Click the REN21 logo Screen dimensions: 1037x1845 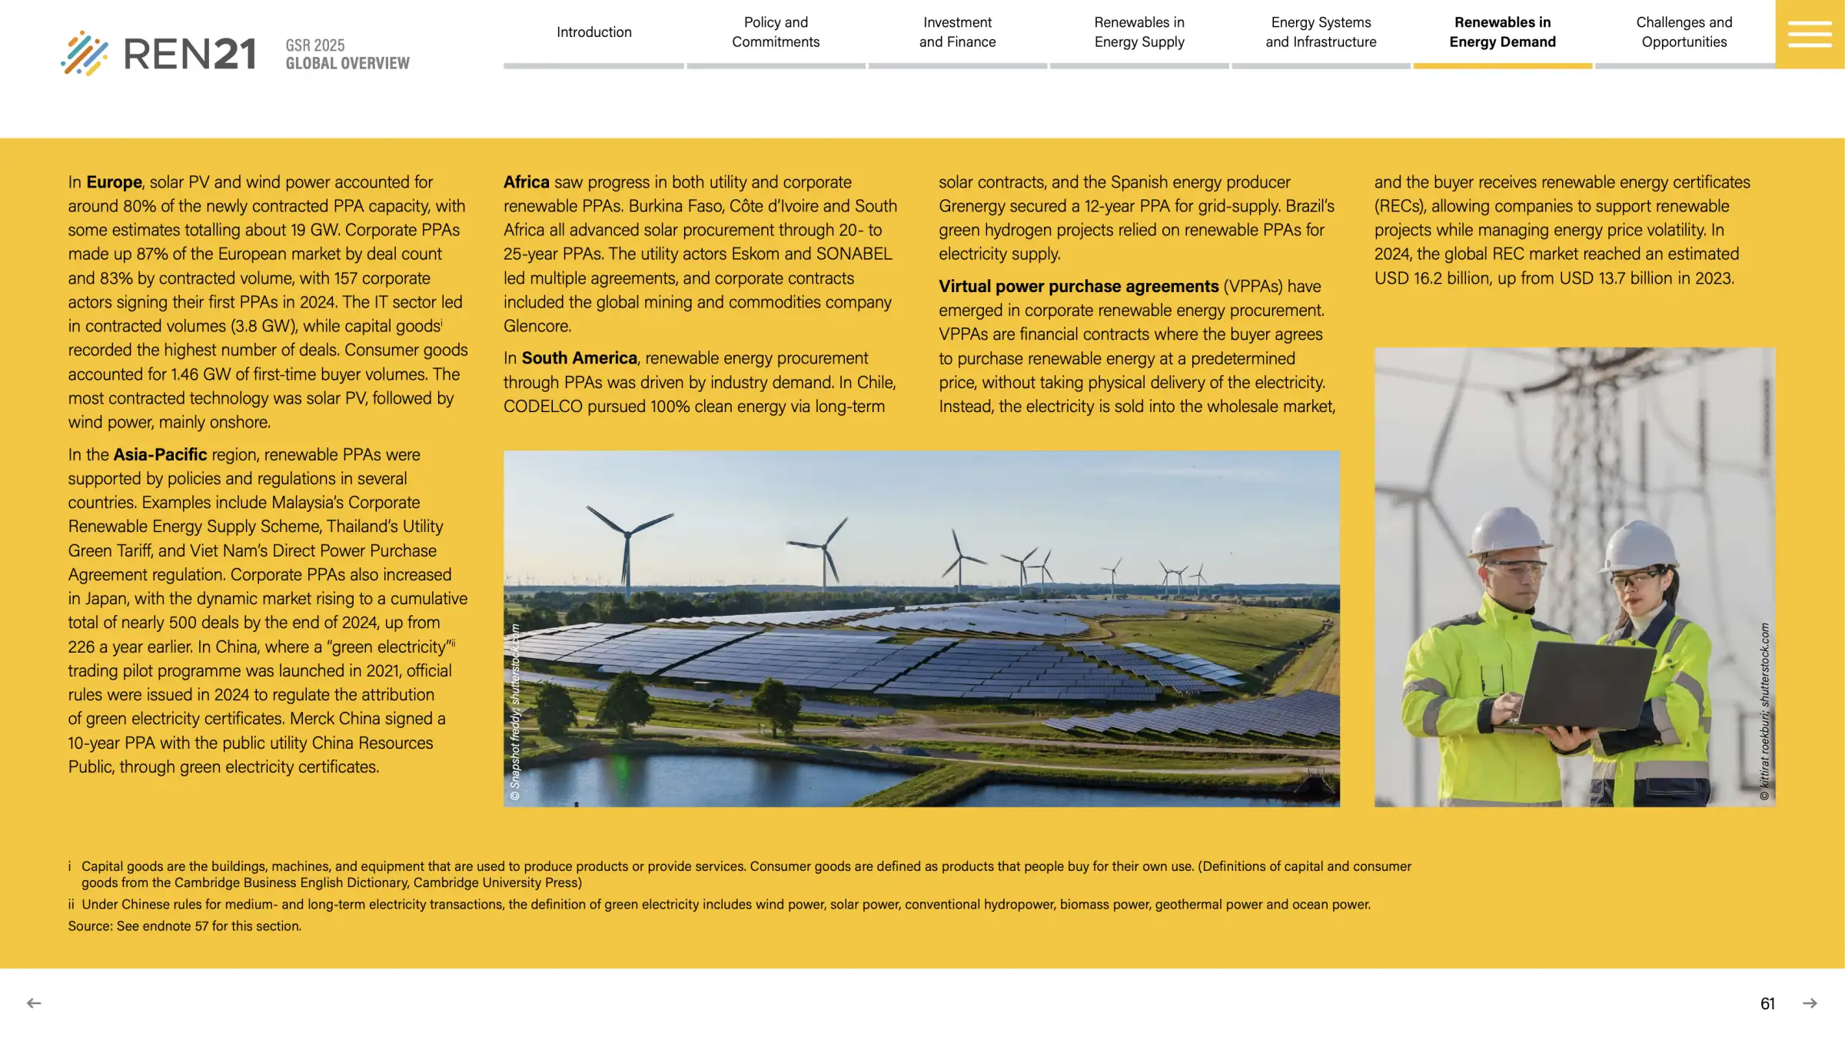click(x=158, y=53)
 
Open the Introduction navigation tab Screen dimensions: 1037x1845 click(x=593, y=32)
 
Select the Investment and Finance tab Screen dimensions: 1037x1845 click(x=957, y=32)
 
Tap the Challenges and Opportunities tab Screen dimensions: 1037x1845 click(x=1684, y=32)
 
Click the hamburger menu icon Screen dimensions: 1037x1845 click(x=1809, y=34)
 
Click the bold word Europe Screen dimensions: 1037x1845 click(x=114, y=182)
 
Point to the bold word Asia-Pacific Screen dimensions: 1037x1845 click(x=160, y=454)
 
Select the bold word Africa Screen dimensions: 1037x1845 click(x=526, y=182)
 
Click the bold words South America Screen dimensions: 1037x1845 click(x=579, y=358)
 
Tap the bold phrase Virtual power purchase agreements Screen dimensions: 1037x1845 click(x=1078, y=286)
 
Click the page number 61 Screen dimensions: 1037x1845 click(x=1767, y=1003)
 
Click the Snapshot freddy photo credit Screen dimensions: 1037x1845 click(x=515, y=711)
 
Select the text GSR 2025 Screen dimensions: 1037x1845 click(x=315, y=45)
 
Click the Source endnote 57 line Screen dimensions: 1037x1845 click(x=184, y=926)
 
